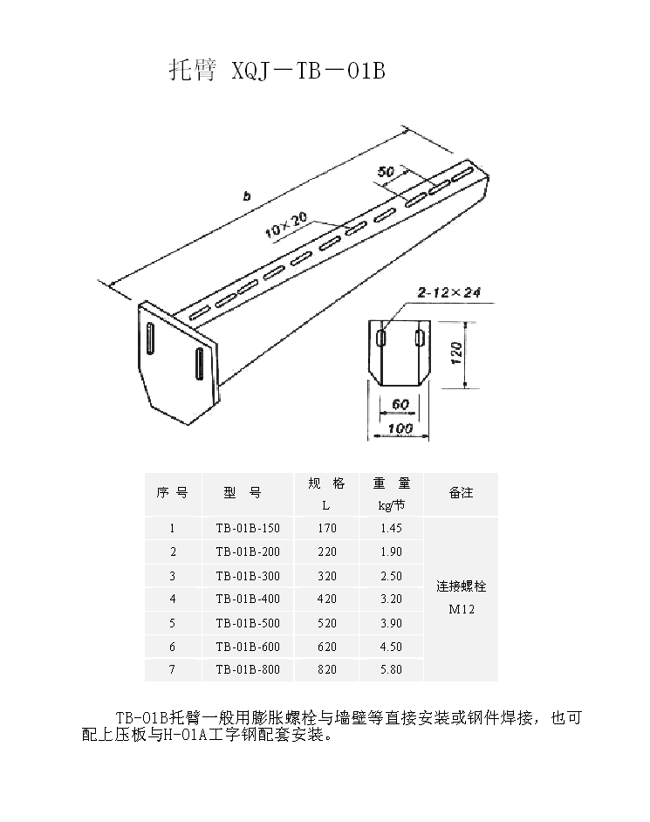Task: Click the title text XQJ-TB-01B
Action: [309, 71]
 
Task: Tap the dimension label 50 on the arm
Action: [386, 171]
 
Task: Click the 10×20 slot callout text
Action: [286, 225]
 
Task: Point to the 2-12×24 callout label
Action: [448, 292]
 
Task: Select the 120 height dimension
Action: [456, 353]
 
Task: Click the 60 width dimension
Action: [400, 405]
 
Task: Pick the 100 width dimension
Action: [400, 428]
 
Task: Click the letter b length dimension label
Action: [246, 196]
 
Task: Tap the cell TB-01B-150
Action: [248, 529]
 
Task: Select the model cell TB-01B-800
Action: [248, 669]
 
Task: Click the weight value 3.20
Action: [391, 599]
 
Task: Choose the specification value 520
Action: [326, 623]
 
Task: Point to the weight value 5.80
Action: [391, 669]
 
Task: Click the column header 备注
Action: [462, 493]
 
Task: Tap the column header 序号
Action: [172, 493]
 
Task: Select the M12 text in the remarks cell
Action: [462, 609]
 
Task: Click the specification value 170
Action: [326, 529]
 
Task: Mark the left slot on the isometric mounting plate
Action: [150, 339]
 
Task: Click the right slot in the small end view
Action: [419, 338]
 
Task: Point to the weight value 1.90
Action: [391, 552]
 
